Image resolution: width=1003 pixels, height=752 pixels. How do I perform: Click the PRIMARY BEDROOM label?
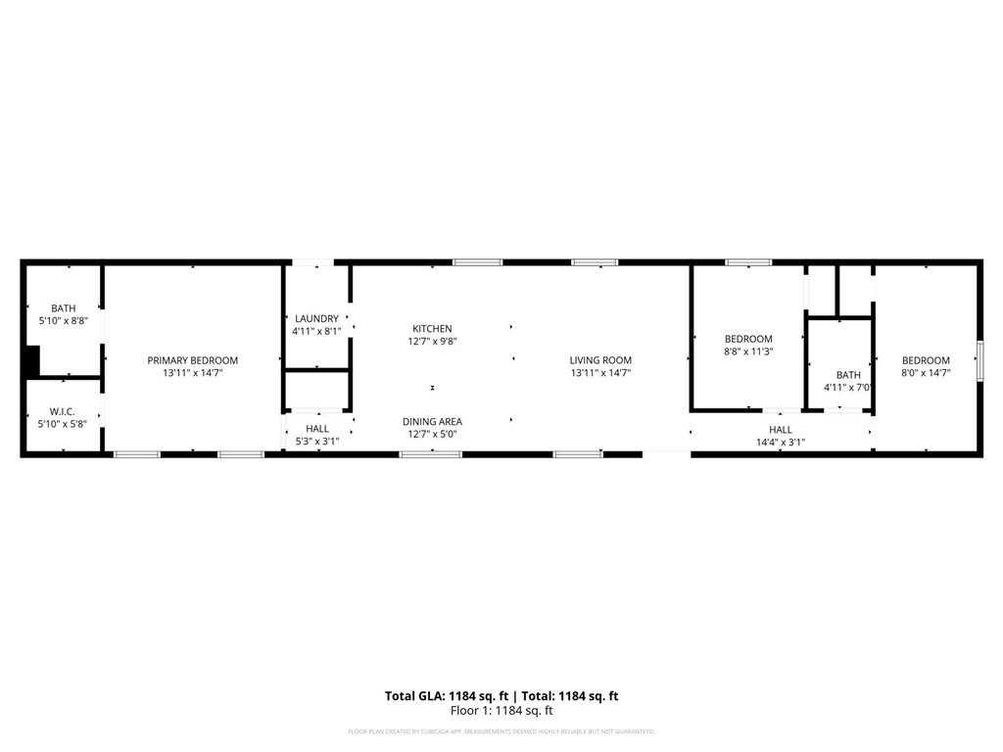coord(192,360)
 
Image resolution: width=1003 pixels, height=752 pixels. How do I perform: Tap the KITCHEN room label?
coord(432,329)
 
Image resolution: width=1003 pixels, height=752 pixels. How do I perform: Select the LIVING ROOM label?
coord(600,360)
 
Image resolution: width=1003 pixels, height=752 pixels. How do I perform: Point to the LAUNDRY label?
coord(315,319)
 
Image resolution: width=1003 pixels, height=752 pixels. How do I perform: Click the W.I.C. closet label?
coord(63,411)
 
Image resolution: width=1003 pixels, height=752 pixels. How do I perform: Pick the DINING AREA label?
coord(432,422)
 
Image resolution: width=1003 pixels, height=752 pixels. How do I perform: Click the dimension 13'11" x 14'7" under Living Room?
coord(600,373)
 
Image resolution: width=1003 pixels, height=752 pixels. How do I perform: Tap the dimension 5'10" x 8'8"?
coord(63,320)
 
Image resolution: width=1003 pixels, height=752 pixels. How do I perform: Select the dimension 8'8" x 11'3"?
coord(748,352)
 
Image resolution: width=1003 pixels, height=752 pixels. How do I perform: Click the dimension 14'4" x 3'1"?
coord(781,442)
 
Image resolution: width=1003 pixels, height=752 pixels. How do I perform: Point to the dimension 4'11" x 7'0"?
coord(848,388)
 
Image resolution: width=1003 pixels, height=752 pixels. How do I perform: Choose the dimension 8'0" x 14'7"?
coord(926,373)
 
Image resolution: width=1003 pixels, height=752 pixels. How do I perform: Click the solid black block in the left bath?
coord(31,360)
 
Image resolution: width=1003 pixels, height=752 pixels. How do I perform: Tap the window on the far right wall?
coord(979,361)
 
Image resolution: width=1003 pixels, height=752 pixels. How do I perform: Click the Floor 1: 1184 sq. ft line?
coord(501,711)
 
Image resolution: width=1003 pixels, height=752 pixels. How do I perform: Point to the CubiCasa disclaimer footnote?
coord(501,731)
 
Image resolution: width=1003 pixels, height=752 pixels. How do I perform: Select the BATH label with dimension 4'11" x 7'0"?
coord(848,375)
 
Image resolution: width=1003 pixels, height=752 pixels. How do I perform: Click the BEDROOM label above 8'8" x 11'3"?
coord(748,339)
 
